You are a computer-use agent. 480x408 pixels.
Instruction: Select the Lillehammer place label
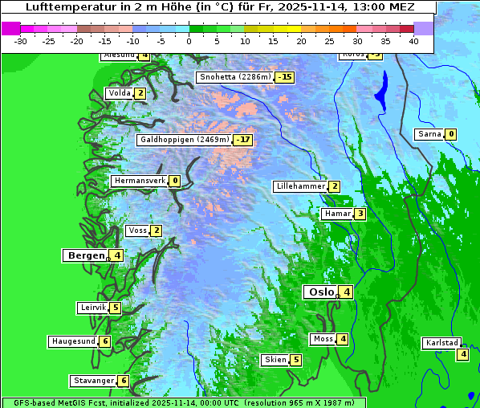tap(300, 186)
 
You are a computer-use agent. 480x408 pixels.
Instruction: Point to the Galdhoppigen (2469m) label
tap(185, 140)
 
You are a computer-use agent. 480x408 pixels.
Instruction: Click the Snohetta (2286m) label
tap(234, 78)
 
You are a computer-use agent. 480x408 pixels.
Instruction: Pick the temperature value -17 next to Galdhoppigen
tap(243, 140)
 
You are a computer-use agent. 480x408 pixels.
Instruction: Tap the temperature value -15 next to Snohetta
tap(284, 78)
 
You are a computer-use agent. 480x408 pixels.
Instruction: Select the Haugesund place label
tap(73, 341)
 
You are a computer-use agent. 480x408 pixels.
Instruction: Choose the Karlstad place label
tap(441, 343)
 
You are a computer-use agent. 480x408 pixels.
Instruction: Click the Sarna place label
tap(429, 134)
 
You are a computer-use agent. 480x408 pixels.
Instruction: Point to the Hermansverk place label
tap(140, 182)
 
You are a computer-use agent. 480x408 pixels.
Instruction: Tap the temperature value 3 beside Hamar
tap(360, 214)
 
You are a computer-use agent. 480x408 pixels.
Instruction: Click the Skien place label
tap(275, 360)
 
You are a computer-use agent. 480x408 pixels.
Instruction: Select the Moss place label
tap(323, 339)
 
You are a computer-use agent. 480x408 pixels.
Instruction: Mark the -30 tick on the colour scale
tap(21, 40)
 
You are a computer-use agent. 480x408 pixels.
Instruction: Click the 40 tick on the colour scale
tap(413, 40)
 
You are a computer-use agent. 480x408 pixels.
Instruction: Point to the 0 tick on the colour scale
tap(189, 40)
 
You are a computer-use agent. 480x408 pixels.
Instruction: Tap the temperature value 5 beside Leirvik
tap(116, 308)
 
